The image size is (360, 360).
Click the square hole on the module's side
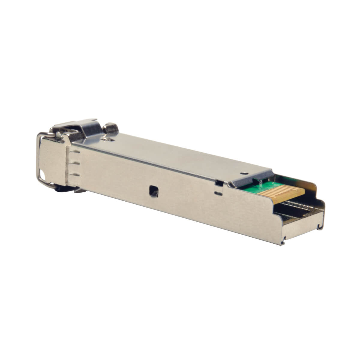pyautogui.click(x=154, y=191)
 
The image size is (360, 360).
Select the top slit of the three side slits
pyautogui.click(x=76, y=152)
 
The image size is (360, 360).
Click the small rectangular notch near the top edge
pyautogui.click(x=219, y=183)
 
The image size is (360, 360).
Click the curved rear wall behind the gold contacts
pyautogui.click(x=312, y=189)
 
